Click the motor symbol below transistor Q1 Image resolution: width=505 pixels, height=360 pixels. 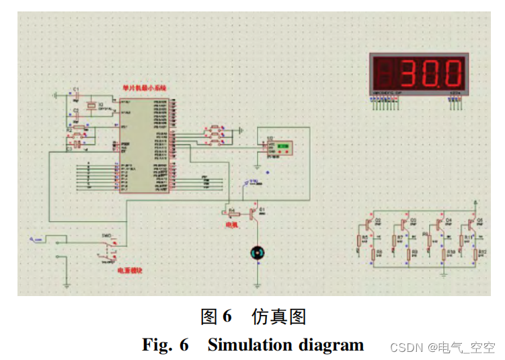[x=257, y=252]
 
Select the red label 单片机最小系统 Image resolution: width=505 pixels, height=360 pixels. [x=144, y=88]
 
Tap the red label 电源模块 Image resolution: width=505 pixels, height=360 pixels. [x=130, y=271]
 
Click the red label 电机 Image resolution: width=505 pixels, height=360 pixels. [x=231, y=223]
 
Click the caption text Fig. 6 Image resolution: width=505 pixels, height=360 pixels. [x=165, y=345]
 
